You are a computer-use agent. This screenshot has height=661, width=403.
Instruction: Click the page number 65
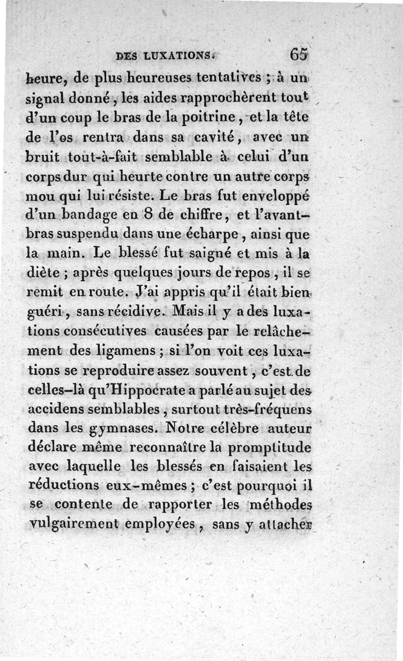click(298, 54)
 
